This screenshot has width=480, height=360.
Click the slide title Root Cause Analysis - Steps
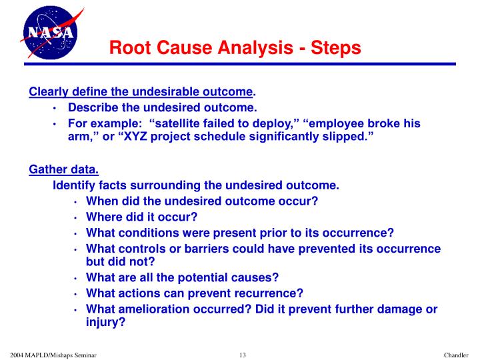coord(235,48)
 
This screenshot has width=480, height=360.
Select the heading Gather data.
coord(64,169)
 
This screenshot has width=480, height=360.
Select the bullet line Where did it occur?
coord(142,217)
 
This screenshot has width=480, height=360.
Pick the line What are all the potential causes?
coord(182,277)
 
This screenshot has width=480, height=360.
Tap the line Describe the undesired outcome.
coord(162,107)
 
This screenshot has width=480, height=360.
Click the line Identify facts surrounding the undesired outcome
coord(196,185)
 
